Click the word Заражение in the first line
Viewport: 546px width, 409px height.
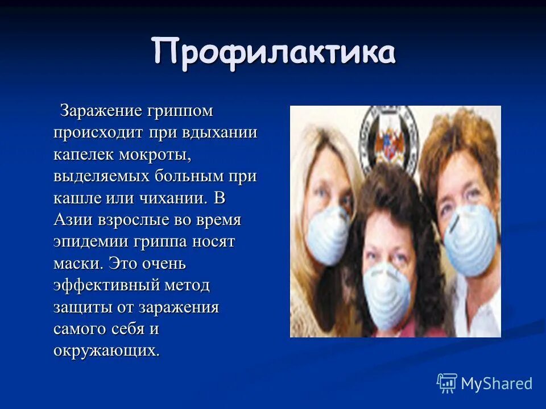click(x=101, y=110)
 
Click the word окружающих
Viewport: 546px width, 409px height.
click(x=106, y=350)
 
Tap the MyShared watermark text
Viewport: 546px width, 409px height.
click(x=497, y=383)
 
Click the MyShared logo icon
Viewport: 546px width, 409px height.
click(x=447, y=383)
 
